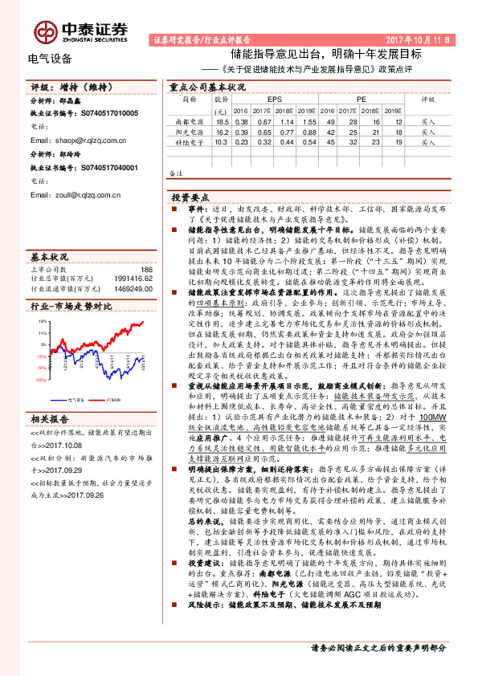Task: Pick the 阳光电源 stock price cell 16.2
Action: pos(223,131)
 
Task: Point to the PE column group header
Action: pos(362,100)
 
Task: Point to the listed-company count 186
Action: pos(145,271)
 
